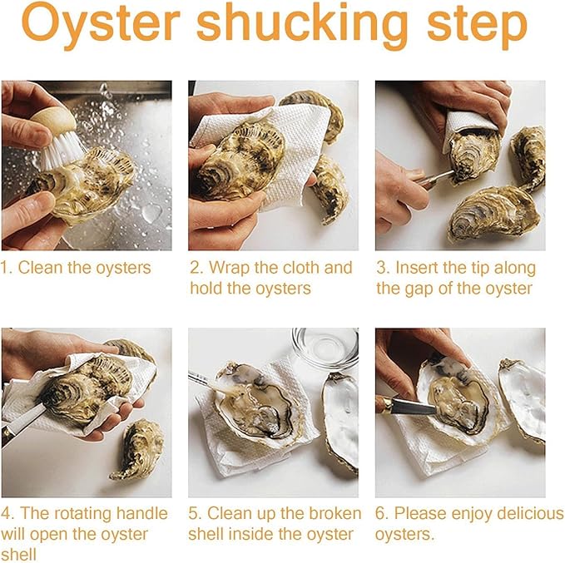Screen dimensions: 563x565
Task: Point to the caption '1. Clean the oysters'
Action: [x=77, y=268]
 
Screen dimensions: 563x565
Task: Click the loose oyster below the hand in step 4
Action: [x=137, y=450]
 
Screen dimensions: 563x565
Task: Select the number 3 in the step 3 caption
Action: [x=382, y=268]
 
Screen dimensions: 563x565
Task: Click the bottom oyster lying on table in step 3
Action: [x=493, y=213]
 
